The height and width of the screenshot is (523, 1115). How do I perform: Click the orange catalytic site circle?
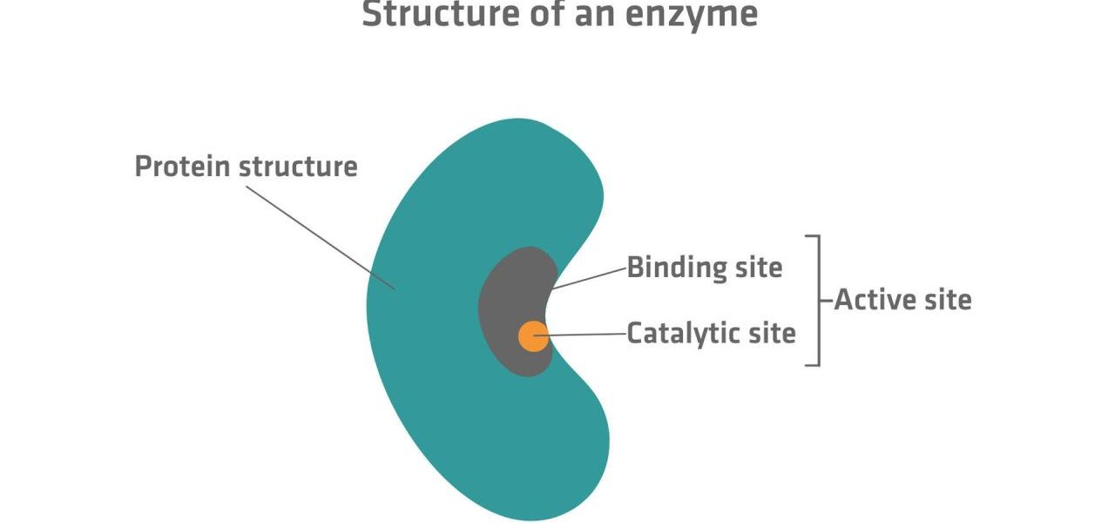(x=533, y=336)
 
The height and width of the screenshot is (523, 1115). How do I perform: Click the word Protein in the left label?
(x=184, y=166)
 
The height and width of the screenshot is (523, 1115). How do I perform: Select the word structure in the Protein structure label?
(x=298, y=166)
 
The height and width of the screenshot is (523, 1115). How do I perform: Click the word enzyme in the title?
(x=692, y=15)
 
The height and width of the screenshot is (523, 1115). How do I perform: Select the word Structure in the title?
(x=442, y=14)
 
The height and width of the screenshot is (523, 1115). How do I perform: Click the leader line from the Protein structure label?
(x=321, y=238)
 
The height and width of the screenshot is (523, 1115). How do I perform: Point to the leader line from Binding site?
(x=589, y=278)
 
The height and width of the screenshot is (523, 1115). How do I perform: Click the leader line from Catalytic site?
(x=579, y=335)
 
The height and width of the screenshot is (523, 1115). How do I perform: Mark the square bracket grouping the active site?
(x=819, y=301)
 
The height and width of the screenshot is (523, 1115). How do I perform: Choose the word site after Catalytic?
(x=772, y=333)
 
